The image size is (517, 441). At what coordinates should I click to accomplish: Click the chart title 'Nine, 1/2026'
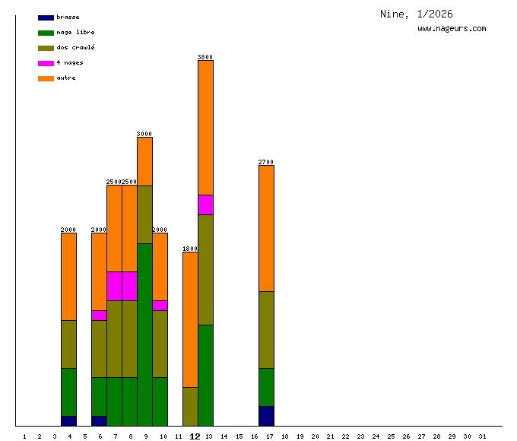click(416, 14)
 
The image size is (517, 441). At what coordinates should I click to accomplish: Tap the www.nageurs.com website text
click(452, 29)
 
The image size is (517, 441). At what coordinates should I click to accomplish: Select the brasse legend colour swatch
click(46, 17)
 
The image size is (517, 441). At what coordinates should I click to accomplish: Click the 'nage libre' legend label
click(75, 33)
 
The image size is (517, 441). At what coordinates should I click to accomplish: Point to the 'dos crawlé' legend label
click(75, 48)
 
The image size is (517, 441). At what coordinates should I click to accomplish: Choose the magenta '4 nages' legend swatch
click(46, 63)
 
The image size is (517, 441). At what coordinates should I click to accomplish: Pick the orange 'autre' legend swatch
click(46, 78)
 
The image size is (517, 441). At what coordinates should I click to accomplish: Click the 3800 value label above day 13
click(205, 57)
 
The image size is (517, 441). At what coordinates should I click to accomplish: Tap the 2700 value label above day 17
click(266, 162)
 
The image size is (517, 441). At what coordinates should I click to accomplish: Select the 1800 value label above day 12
click(190, 249)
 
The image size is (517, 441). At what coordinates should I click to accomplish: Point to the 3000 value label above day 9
click(144, 134)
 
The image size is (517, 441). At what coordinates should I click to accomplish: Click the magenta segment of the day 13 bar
click(205, 205)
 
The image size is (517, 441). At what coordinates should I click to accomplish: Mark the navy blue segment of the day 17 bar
click(266, 416)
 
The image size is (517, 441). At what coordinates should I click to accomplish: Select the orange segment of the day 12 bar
click(190, 319)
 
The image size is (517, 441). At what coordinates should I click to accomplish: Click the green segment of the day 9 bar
click(144, 335)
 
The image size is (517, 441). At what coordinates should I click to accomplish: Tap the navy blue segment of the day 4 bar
click(68, 420)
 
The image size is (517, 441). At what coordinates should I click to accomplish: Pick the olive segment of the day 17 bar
click(266, 329)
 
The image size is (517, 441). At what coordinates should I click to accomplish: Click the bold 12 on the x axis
click(195, 436)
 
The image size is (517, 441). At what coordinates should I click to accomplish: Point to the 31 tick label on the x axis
click(482, 436)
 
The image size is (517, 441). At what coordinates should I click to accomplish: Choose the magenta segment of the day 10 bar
click(160, 305)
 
